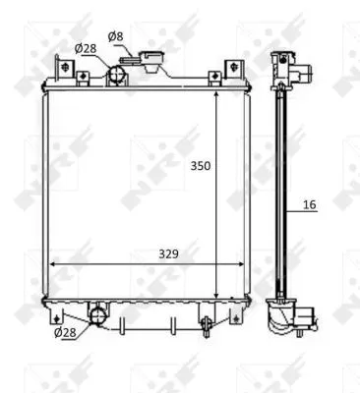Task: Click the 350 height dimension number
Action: coord(201,166)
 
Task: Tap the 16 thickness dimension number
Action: coord(310,205)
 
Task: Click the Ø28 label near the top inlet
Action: coord(86,48)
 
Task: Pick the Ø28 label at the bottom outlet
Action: coord(64,333)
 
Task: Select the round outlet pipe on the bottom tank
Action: coord(97,314)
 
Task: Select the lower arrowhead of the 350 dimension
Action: coord(216,294)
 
